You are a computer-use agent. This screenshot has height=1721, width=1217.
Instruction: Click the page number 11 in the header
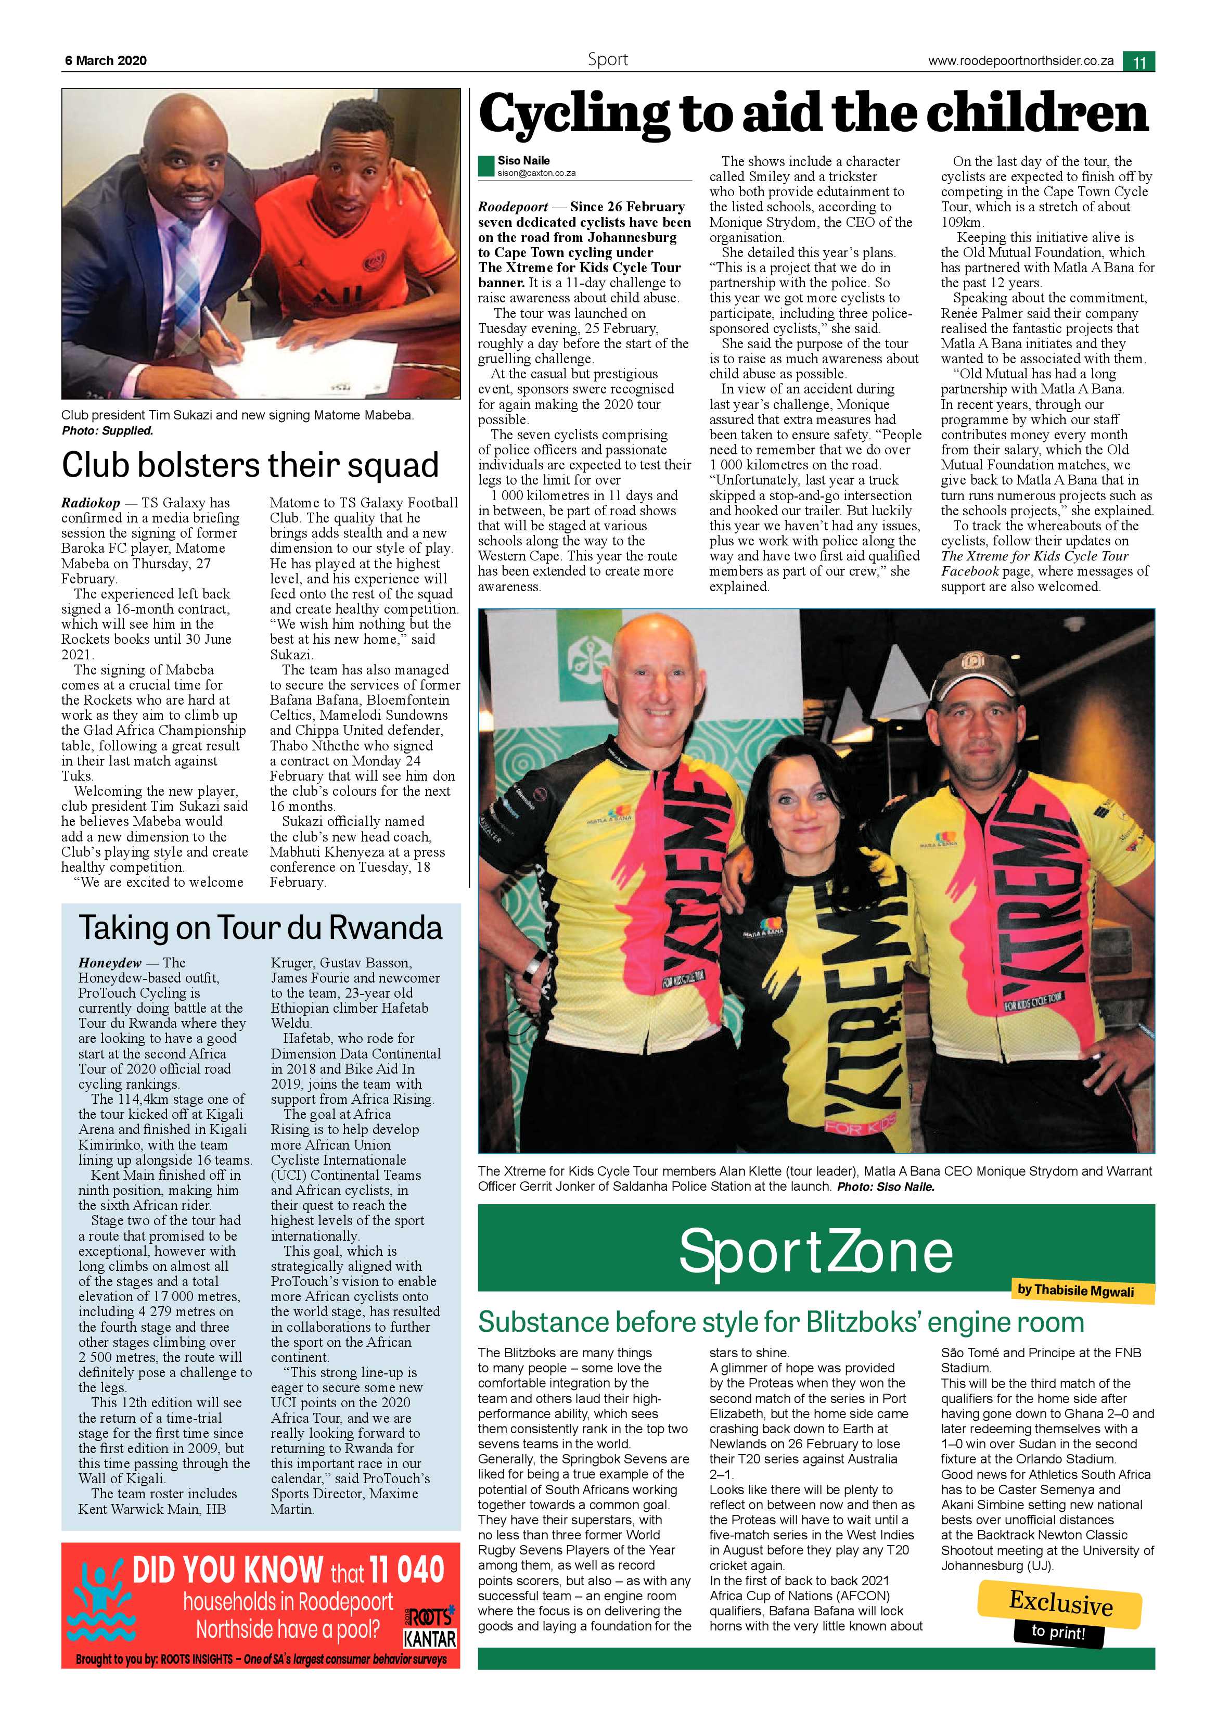click(x=1138, y=61)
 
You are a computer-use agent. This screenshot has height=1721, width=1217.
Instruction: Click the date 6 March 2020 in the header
click(x=106, y=61)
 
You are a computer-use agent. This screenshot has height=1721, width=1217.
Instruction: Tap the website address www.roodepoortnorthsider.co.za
click(x=1021, y=61)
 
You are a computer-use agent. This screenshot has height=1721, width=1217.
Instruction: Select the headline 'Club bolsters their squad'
click(x=250, y=465)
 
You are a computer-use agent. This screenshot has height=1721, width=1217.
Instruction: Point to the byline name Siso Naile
click(x=523, y=160)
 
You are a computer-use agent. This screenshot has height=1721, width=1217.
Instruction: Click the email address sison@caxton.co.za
click(x=536, y=173)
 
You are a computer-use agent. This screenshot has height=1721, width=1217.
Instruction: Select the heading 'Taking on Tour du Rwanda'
click(x=261, y=928)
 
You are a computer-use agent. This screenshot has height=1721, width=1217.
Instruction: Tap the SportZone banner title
click(x=815, y=1251)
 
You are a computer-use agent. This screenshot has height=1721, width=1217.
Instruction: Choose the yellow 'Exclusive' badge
click(x=1060, y=1603)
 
